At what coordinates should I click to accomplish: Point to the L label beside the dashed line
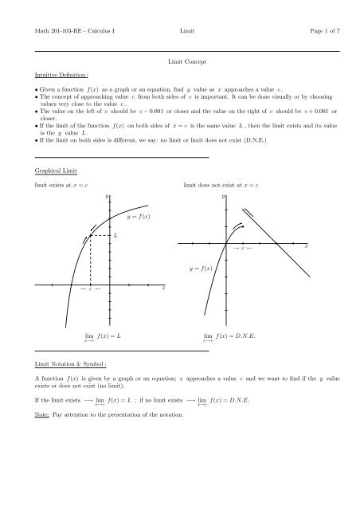point(116,235)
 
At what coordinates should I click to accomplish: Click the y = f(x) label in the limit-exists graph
point(139,217)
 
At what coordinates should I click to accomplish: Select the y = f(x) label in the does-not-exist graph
point(201,269)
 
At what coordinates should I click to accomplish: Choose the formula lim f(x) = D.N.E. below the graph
point(232,337)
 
